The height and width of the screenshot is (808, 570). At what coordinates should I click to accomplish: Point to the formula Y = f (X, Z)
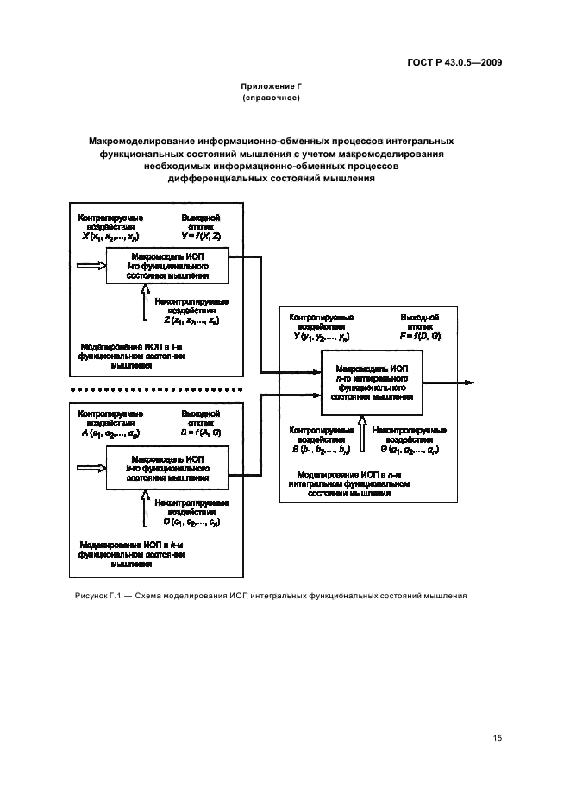coord(200,236)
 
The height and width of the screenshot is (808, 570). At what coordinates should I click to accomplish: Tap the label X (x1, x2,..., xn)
coord(110,236)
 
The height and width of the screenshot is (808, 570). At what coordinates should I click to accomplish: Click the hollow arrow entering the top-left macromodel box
coord(90,267)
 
